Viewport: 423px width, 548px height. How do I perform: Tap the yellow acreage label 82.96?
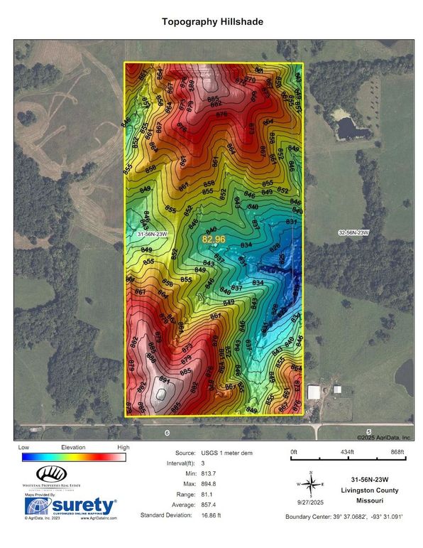[214, 240]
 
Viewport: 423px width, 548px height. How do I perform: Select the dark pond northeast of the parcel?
[346, 129]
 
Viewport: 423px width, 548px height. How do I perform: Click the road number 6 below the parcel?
[166, 432]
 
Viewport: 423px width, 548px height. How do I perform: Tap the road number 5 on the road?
[369, 431]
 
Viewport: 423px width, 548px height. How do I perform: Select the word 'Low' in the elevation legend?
[23, 448]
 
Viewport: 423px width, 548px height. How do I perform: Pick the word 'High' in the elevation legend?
[123, 448]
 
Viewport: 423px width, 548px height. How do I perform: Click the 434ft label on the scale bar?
[346, 452]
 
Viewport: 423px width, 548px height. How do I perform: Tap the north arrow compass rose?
[311, 484]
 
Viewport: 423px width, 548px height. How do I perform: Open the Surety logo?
[70, 505]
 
